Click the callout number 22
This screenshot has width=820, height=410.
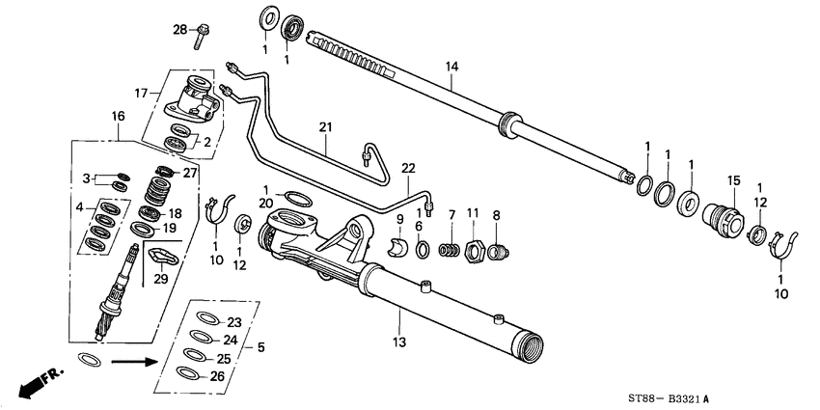(408, 168)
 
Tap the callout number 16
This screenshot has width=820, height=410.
(118, 116)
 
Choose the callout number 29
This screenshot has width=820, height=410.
(160, 278)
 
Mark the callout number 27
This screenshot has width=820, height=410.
(189, 174)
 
